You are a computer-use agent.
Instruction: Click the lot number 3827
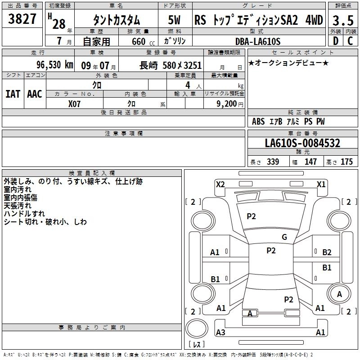pyautogui.click(x=22, y=18)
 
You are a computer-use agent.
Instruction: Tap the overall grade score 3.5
pyautogui.click(x=343, y=20)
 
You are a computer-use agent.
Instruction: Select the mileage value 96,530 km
pyautogui.click(x=55, y=65)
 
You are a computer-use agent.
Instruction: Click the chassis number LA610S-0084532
pyautogui.click(x=302, y=143)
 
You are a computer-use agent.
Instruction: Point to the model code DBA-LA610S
pyautogui.click(x=258, y=41)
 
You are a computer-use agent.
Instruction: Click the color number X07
pyautogui.click(x=74, y=104)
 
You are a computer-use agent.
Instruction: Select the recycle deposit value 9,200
pyautogui.click(x=226, y=104)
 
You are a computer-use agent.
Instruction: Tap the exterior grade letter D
pyautogui.click(x=336, y=41)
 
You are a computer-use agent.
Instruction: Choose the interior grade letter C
pyautogui.click(x=350, y=41)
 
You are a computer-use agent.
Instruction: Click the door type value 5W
pyautogui.click(x=174, y=20)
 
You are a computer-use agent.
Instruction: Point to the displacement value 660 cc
pyautogui.click(x=143, y=42)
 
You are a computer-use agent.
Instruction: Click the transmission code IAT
pyautogui.click(x=13, y=94)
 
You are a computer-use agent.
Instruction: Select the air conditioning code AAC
pyautogui.click(x=35, y=94)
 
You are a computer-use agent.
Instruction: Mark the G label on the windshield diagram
pyautogui.click(x=284, y=237)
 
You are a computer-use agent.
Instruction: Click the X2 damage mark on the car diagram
pyautogui.click(x=220, y=184)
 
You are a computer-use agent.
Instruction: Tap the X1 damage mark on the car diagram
pyautogui.click(x=321, y=184)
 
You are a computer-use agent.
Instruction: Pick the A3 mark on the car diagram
pyautogui.click(x=220, y=332)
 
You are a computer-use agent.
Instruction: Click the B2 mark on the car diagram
pyautogui.click(x=327, y=252)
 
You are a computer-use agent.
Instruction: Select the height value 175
pyautogui.click(x=346, y=162)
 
